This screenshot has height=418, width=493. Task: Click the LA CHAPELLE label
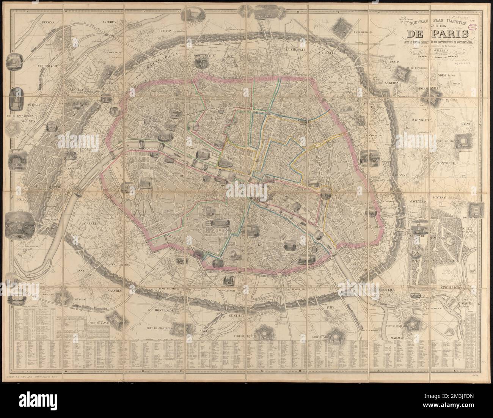(298, 50)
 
